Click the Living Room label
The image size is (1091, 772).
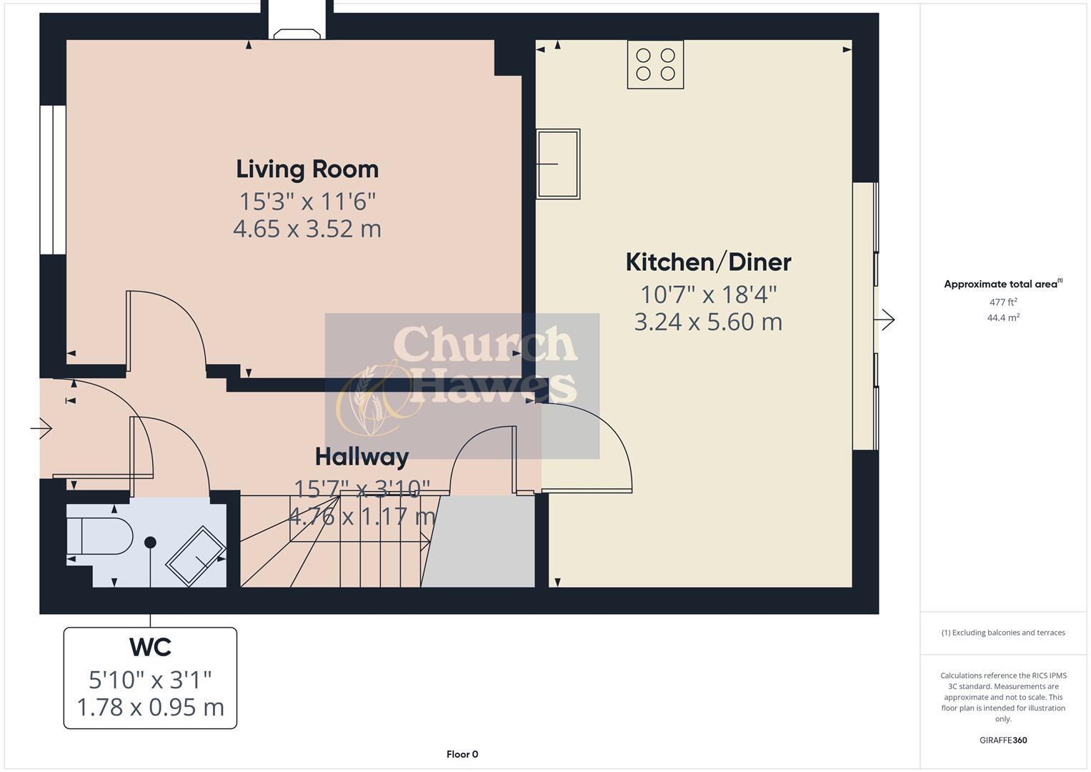point(307,169)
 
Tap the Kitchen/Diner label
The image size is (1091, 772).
point(708,262)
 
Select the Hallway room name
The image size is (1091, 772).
point(362,456)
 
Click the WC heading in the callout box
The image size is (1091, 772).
point(150,647)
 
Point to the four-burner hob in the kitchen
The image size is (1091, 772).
point(655,64)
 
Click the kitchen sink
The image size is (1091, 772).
point(558,164)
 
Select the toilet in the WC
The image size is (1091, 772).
point(100,536)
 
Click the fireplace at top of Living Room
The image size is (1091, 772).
point(297,34)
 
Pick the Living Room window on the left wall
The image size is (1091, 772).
point(52,179)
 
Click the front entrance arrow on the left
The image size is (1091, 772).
point(41,429)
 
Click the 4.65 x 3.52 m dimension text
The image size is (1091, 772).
point(307,229)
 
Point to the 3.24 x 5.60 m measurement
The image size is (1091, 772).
point(708,322)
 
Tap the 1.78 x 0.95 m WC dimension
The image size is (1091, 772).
point(150,707)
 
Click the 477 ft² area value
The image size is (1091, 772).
point(1003,302)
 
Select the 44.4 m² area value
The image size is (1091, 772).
point(1003,318)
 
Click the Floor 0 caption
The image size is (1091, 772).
point(462,754)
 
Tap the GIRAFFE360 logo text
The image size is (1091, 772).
point(1003,740)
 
